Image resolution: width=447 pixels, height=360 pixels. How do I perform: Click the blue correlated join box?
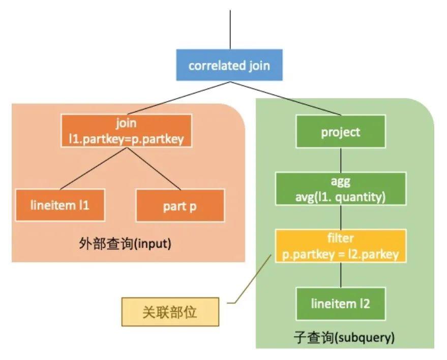point(229,65)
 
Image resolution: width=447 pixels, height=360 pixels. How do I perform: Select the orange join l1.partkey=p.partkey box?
point(126,131)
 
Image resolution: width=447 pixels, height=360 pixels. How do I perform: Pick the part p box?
point(180,205)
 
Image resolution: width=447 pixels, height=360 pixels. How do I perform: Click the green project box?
point(341,132)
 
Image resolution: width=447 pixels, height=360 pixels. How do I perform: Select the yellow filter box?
point(341,246)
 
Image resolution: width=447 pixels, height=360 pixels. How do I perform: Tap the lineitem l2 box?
point(341,304)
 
